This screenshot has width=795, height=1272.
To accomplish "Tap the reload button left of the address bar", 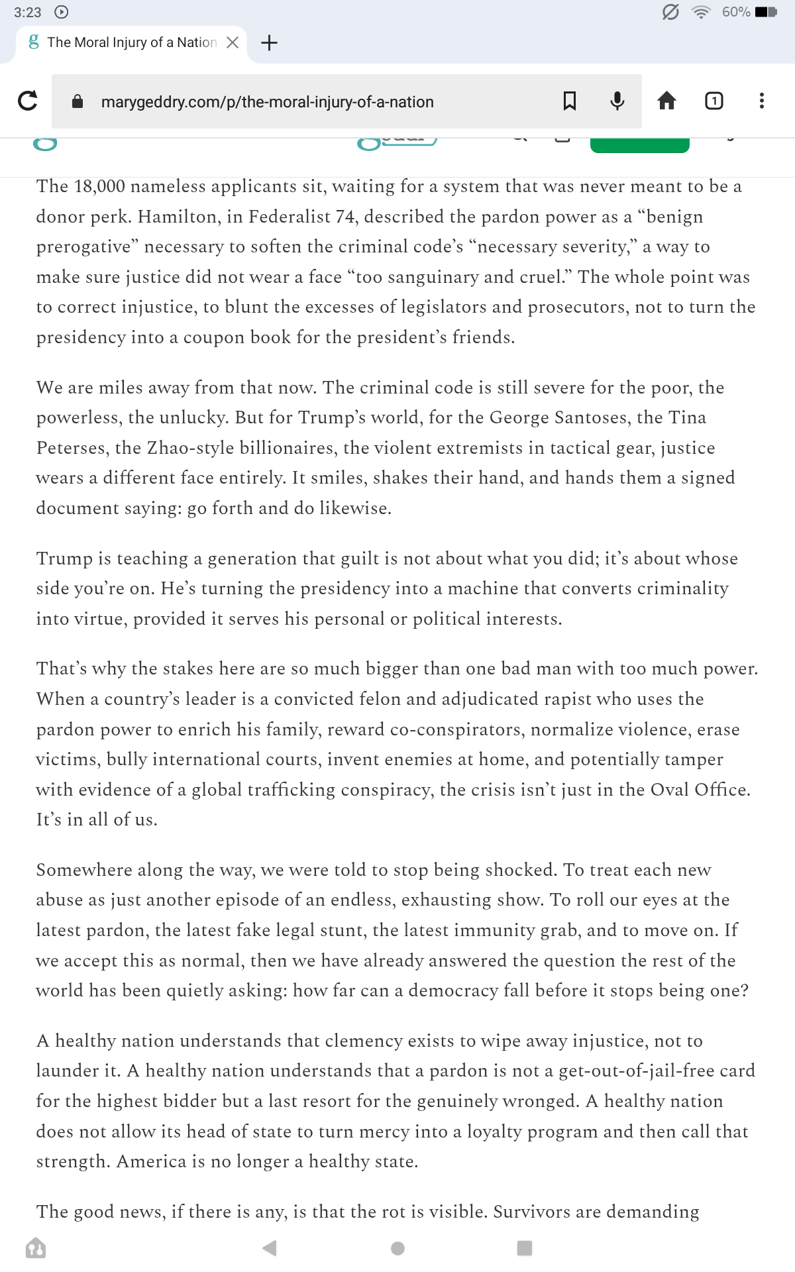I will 28,101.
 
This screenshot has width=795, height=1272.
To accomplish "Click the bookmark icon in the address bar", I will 569,101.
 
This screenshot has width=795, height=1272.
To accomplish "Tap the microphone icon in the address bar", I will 617,101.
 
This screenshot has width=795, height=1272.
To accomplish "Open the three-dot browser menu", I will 762,101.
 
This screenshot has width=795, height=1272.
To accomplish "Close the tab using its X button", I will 233,42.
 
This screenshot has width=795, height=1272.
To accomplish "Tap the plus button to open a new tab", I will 269,42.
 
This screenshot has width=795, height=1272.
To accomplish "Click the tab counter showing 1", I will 714,101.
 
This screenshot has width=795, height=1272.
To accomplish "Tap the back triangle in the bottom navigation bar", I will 269,1248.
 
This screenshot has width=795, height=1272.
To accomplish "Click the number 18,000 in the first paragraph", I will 99,186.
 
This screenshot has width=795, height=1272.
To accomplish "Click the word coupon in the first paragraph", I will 214,337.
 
